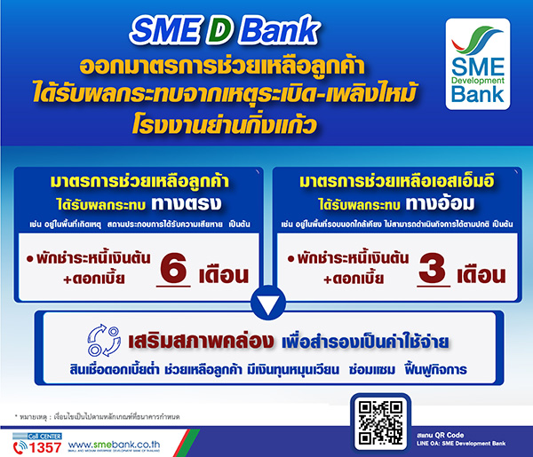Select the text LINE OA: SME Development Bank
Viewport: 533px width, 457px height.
(449, 441)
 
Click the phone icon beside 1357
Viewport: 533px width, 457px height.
(18, 444)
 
